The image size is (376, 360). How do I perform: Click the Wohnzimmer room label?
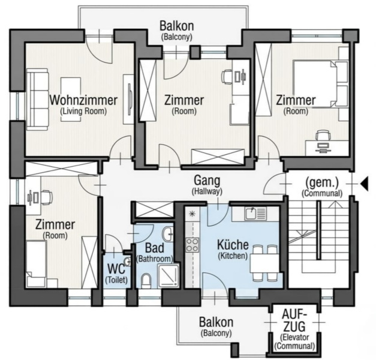coord(83,100)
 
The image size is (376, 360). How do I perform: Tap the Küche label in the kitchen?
coord(233,245)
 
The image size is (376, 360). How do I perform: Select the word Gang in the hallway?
coord(207,181)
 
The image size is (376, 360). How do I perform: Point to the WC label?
coord(116,269)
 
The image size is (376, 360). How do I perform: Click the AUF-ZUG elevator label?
coord(294,320)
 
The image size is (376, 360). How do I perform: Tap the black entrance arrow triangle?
coord(364,184)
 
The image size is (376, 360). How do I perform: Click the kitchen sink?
coord(255,214)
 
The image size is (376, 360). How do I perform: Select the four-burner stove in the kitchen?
coord(192,245)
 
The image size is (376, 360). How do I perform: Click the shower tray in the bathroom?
coord(169,276)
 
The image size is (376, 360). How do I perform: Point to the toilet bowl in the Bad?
coord(146,281)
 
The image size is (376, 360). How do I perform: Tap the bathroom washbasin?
coord(168,234)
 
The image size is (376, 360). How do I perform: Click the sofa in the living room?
coord(38,100)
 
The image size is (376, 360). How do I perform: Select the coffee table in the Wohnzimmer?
coord(71,99)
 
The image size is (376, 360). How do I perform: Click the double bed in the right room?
coord(320,84)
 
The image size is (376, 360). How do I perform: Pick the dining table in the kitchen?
coord(264,263)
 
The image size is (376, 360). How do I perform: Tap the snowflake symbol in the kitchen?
coord(192,214)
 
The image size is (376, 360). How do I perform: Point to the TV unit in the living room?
coord(129,100)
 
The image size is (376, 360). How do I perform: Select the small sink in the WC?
coord(128,262)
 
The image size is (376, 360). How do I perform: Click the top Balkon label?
coord(177,26)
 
